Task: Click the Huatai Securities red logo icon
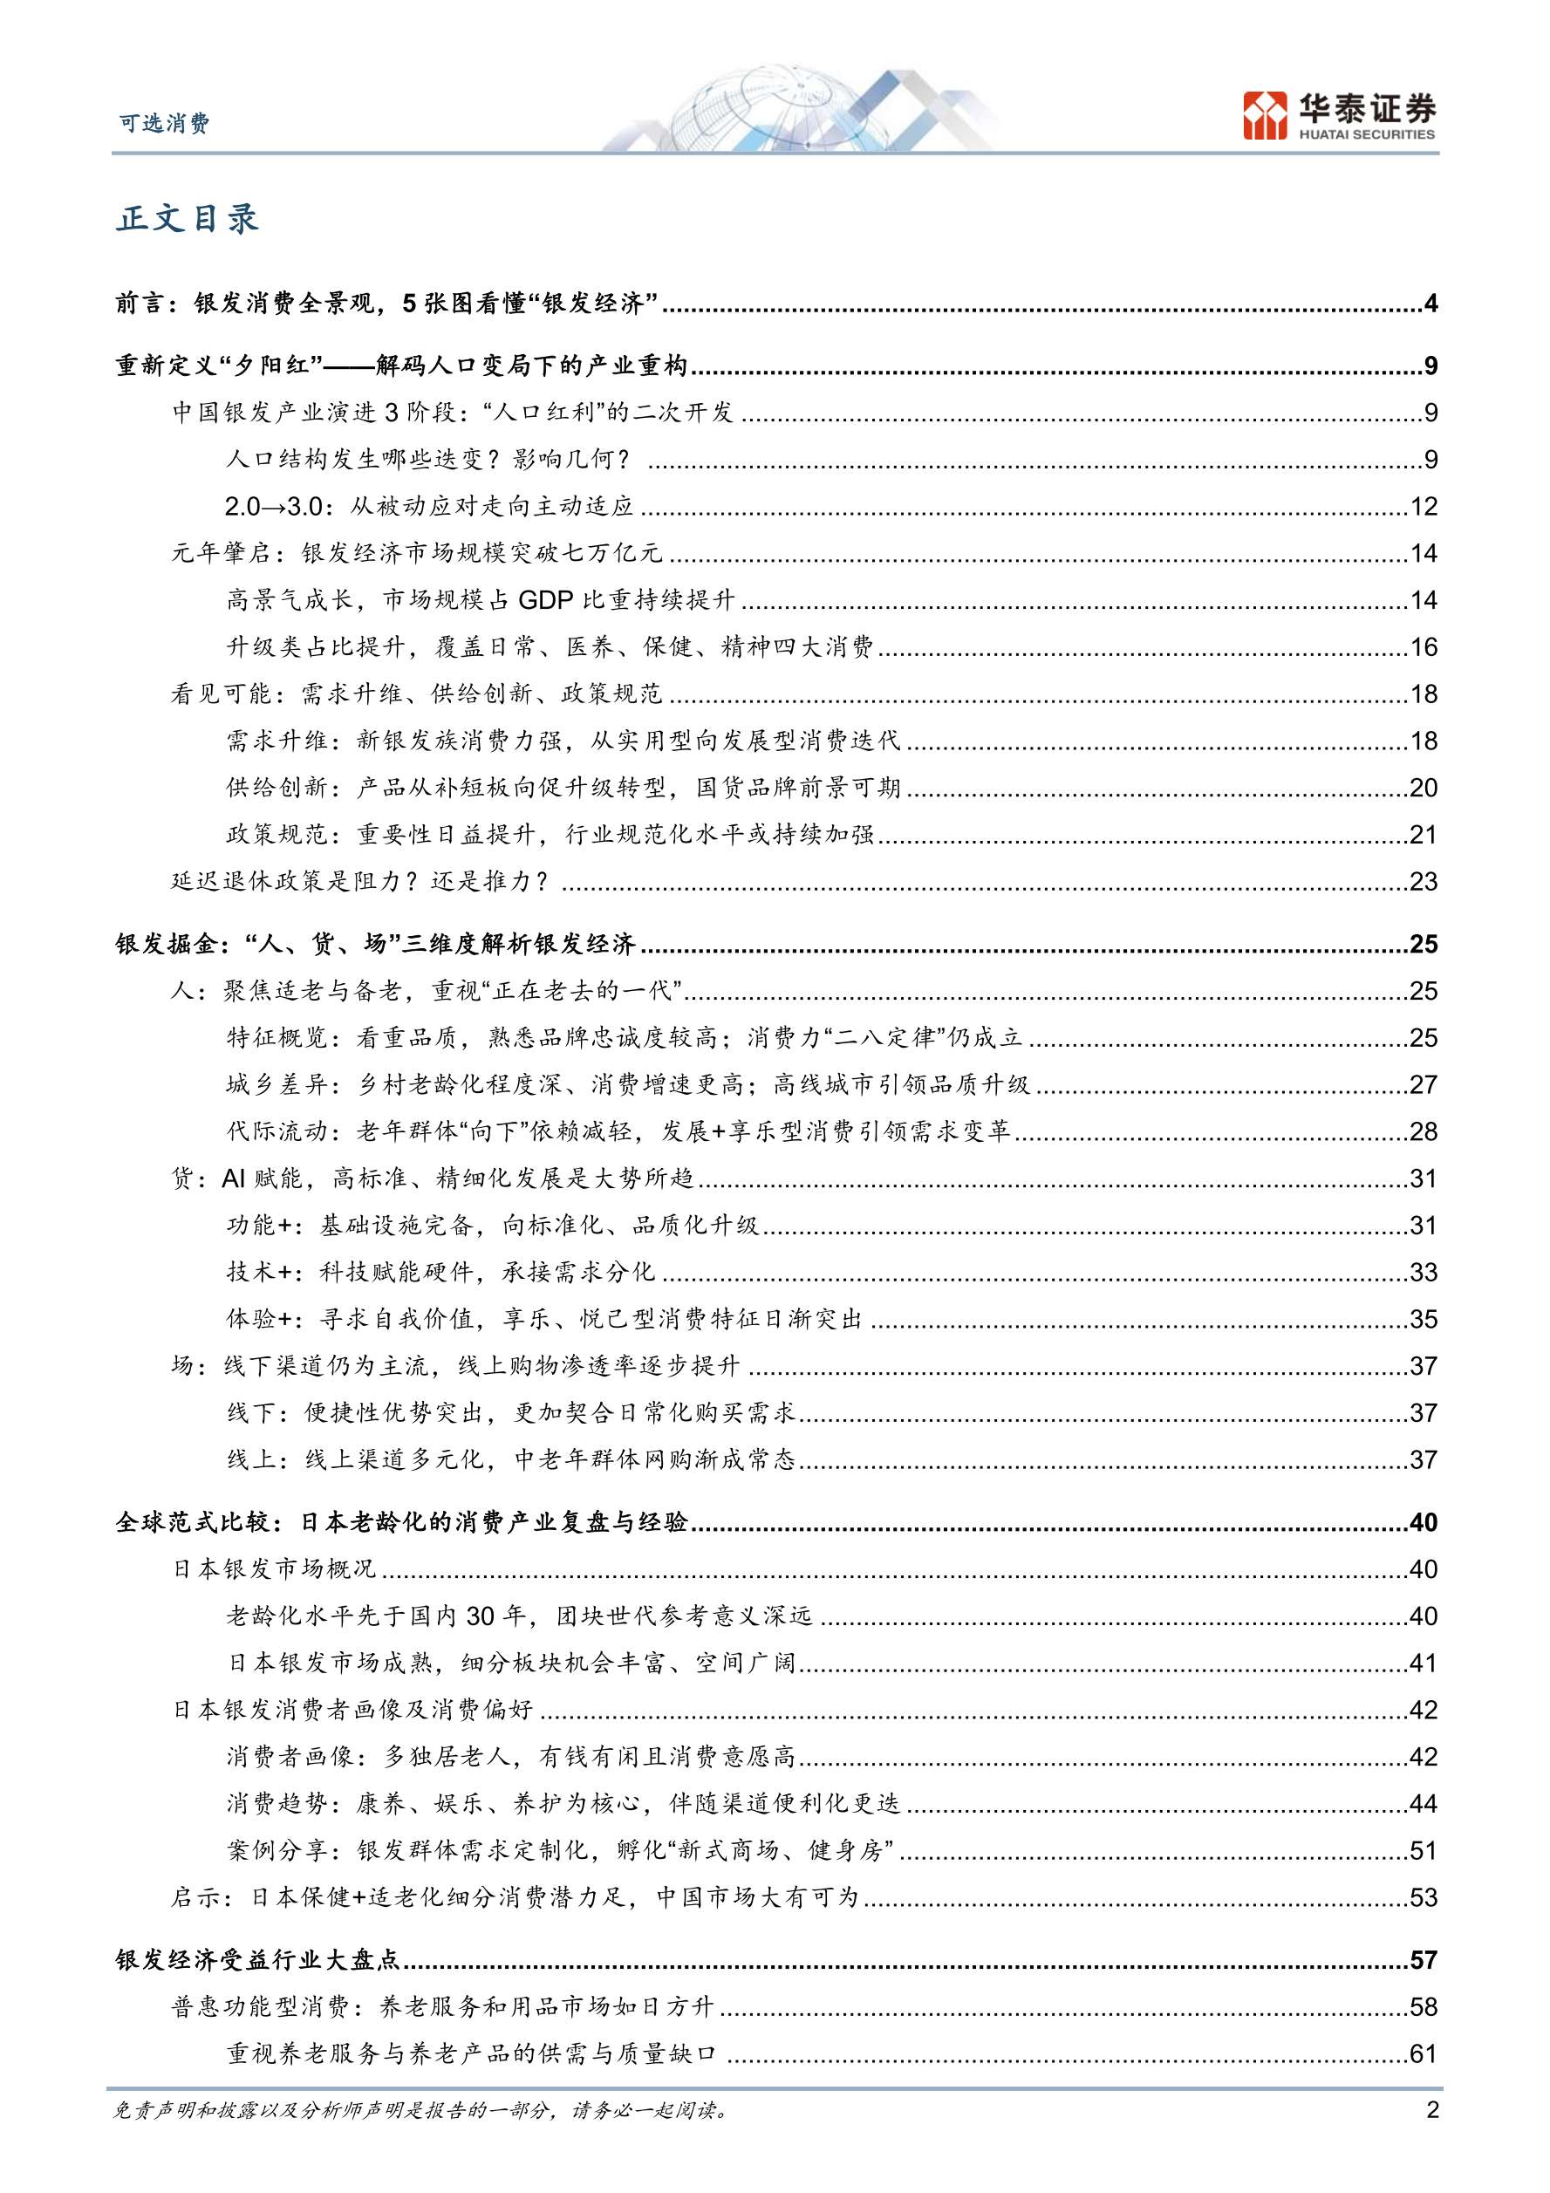click(1266, 115)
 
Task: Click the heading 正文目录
click(188, 219)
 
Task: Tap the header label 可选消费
click(163, 123)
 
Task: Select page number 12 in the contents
click(1423, 506)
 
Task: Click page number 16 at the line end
click(1423, 646)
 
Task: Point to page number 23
click(1423, 881)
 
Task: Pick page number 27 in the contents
click(1423, 1084)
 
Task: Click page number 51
click(1423, 1850)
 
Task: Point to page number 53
click(1423, 1897)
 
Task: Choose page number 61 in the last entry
click(1423, 2053)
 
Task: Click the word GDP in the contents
click(545, 600)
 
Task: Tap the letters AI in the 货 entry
click(234, 1178)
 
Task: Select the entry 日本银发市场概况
click(274, 1568)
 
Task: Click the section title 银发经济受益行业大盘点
click(258, 1960)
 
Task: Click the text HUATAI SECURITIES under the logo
click(1367, 134)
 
